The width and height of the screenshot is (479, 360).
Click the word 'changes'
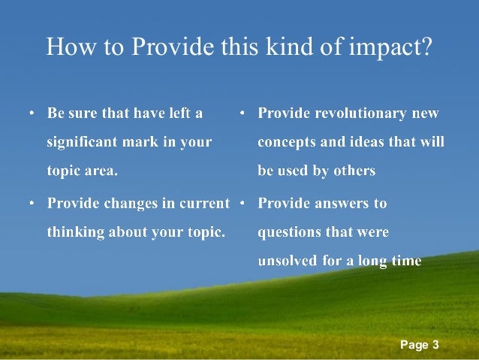click(x=128, y=203)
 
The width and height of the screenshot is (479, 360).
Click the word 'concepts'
click(x=288, y=142)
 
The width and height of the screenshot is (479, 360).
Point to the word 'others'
click(x=352, y=171)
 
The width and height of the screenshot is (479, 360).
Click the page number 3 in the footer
click(x=435, y=345)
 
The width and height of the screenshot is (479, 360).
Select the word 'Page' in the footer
click(x=414, y=345)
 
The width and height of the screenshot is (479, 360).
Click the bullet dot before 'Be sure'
click(x=32, y=114)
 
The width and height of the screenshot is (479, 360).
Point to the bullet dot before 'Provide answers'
click(x=243, y=204)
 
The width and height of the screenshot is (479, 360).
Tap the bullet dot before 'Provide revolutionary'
click(x=243, y=114)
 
